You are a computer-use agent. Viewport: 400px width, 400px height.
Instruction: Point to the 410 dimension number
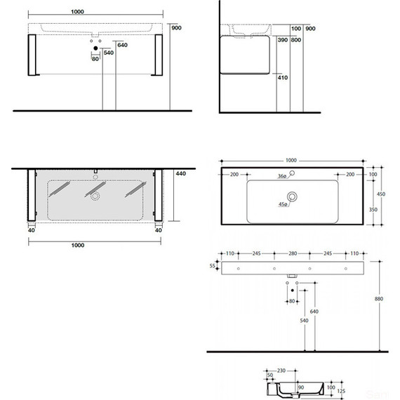click(282, 78)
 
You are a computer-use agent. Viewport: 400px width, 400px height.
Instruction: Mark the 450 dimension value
click(382, 194)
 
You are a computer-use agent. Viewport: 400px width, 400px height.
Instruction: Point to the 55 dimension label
click(213, 267)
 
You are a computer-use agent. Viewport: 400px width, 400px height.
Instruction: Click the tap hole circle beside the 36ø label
click(293, 174)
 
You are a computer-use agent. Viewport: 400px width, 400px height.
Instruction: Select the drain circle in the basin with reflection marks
click(95, 197)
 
